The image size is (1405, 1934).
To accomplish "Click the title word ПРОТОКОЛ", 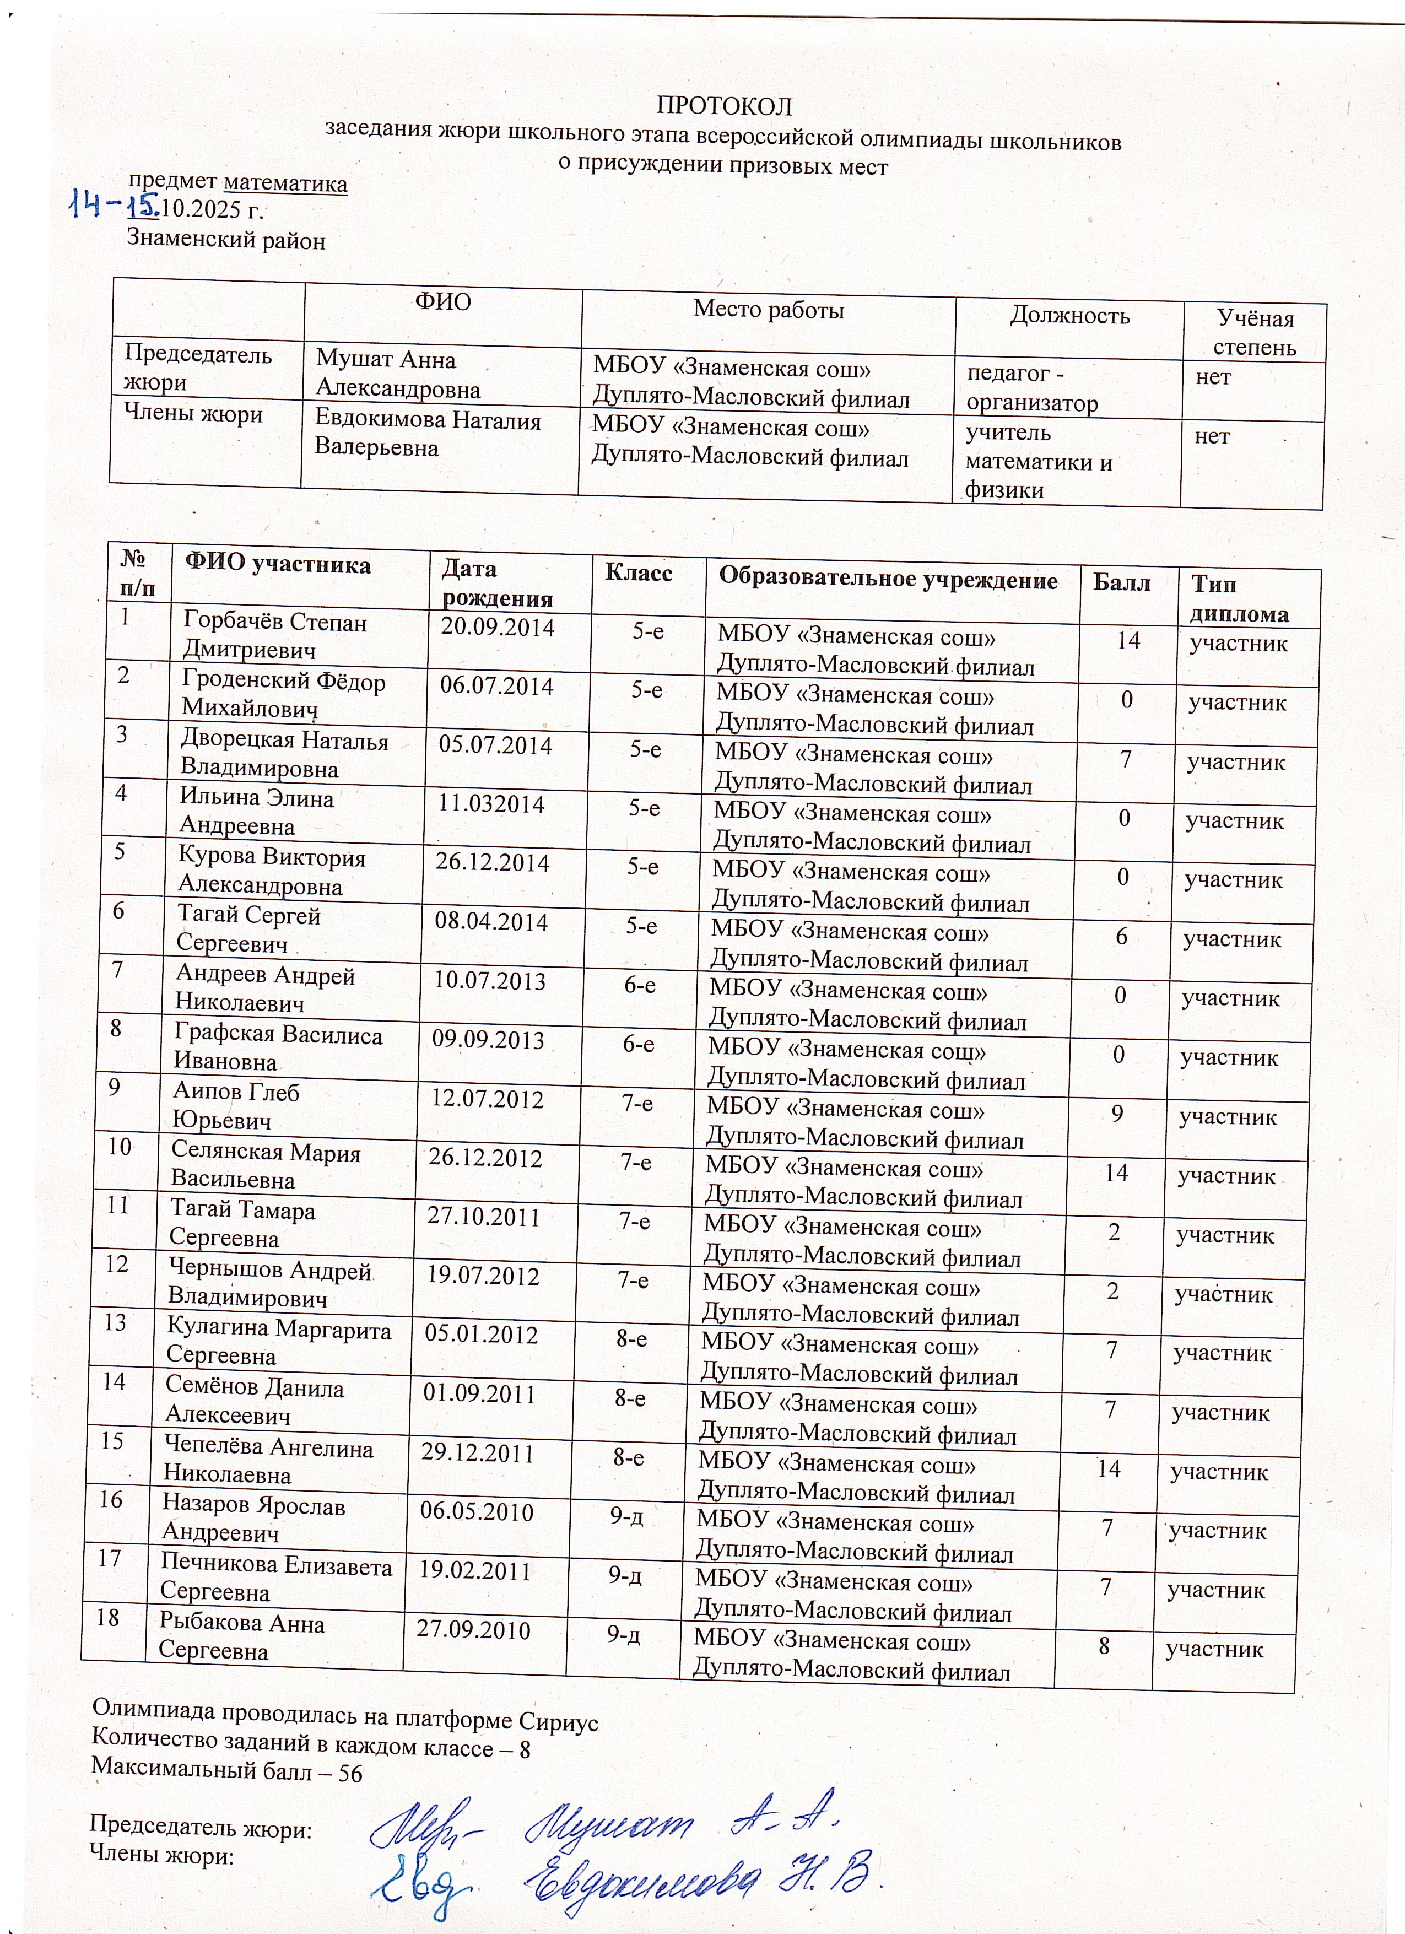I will point(724,106).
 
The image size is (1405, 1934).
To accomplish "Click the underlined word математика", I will point(285,183).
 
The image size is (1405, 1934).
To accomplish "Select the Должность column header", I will point(1069,316).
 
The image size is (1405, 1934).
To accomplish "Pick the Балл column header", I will point(1121,584).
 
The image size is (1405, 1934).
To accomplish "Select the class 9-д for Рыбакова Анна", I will point(624,1633).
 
